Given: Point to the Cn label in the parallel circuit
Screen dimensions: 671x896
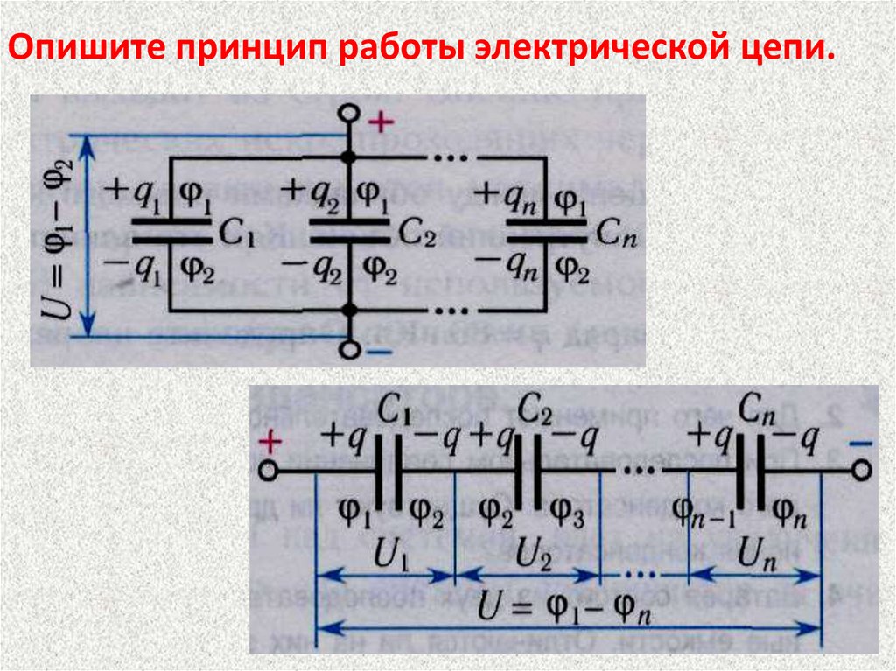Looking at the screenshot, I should tap(614, 234).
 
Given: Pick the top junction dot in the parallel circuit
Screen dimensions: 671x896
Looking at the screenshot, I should tap(349, 158).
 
